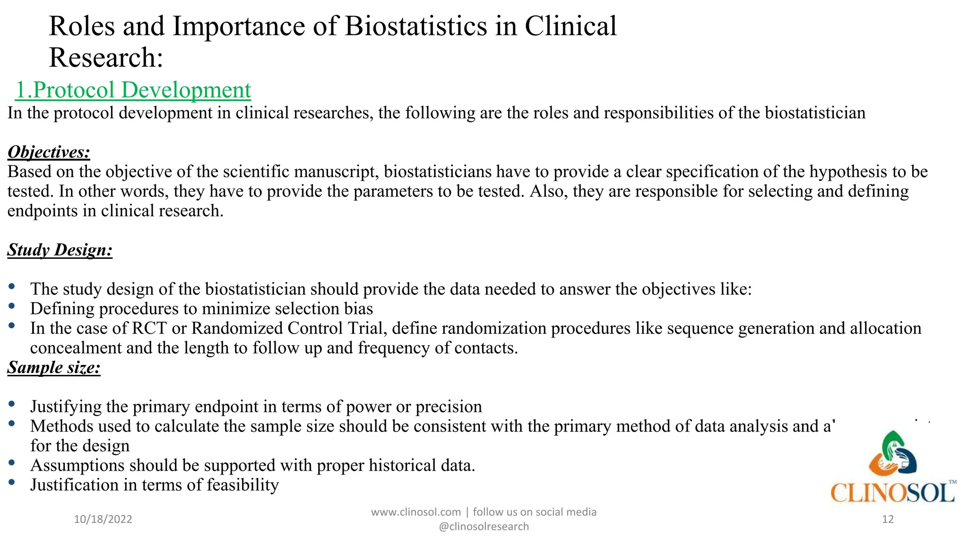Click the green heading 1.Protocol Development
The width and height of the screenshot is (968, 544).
[133, 90]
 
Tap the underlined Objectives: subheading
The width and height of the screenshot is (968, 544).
[49, 152]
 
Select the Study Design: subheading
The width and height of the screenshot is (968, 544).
[60, 250]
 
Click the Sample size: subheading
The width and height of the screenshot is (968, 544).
[54, 367]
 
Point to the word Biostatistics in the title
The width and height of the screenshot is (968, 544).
[415, 26]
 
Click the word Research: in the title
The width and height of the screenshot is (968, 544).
[106, 58]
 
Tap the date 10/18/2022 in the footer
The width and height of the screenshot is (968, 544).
[103, 519]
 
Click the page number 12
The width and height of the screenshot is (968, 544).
[888, 519]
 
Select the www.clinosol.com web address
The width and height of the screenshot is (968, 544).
[415, 512]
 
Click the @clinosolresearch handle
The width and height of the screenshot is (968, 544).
[484, 527]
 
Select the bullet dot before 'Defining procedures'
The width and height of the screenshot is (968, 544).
[12, 306]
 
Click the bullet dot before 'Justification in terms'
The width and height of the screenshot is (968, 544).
[12, 482]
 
